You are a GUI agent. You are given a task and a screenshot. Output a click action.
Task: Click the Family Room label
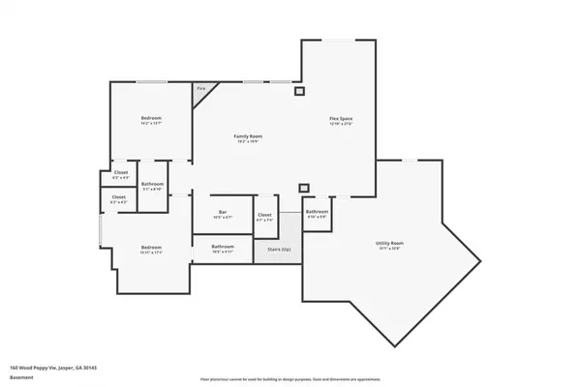tap(249, 136)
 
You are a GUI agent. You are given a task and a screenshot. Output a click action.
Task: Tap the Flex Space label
tap(341, 118)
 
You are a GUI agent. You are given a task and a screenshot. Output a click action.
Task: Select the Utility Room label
tap(389, 243)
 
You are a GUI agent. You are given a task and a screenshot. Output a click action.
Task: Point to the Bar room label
tap(222, 212)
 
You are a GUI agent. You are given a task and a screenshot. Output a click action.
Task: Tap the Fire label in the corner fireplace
tap(201, 89)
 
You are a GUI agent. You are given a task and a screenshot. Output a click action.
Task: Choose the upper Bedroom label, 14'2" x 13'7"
tap(151, 118)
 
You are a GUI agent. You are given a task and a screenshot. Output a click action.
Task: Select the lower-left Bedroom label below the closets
tap(151, 246)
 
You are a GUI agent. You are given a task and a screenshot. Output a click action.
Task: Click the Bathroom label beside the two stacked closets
tap(152, 184)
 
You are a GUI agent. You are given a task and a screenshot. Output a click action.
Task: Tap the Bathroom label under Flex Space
tap(318, 211)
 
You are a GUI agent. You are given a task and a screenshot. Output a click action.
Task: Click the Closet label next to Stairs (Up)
tap(264, 215)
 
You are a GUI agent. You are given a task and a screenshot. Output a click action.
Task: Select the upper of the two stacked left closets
tap(119, 174)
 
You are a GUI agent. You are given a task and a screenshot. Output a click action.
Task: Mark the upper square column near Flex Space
tap(299, 92)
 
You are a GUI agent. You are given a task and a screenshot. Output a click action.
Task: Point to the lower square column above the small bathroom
tap(304, 187)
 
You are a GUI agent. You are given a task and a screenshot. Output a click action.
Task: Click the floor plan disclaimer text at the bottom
tap(290, 379)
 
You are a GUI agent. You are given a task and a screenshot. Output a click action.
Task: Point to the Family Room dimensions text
tap(249, 142)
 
